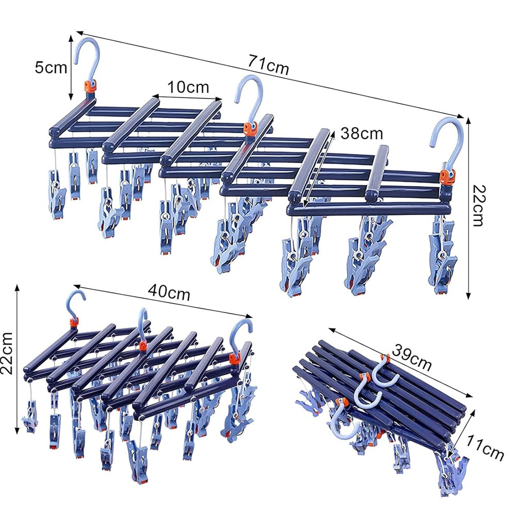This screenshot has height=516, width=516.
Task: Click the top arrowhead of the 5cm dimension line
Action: (x=70, y=36)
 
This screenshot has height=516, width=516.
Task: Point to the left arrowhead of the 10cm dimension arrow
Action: (x=153, y=97)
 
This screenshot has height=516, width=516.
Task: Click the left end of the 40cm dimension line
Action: (x=74, y=286)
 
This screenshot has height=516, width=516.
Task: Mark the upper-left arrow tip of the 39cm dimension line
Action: (x=329, y=328)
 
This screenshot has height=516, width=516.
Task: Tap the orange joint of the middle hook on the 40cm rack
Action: (x=142, y=346)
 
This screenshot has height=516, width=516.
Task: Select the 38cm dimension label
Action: (x=362, y=134)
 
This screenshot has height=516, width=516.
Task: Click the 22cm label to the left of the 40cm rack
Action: (x=7, y=353)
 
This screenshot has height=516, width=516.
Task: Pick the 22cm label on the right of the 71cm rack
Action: (x=478, y=205)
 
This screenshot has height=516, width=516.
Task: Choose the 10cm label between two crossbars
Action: (x=188, y=87)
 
